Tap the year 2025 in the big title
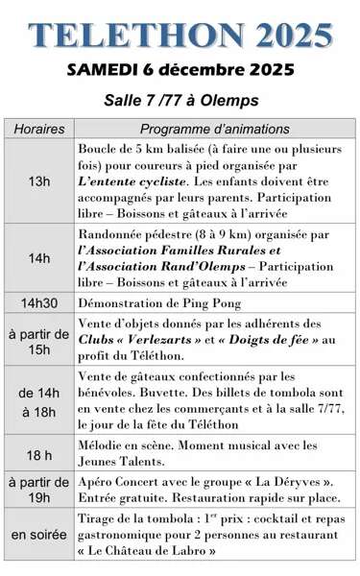pos(285,35)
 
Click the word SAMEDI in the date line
pos(104,71)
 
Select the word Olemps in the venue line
pos(229,100)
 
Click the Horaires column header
pos(39,130)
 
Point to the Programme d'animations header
pos(214,130)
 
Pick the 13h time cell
pos(39,181)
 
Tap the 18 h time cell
pos(39,455)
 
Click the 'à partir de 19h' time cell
pos(39,491)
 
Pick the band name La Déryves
pos(293,483)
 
